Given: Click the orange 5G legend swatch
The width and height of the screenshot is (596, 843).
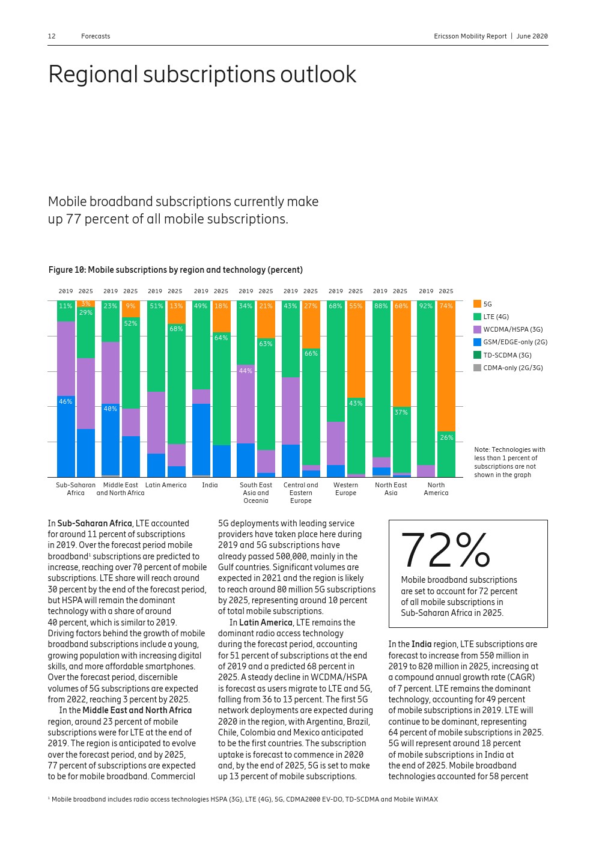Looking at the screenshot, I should point(477,304).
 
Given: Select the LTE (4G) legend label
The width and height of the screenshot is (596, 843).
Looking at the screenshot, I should point(496,317).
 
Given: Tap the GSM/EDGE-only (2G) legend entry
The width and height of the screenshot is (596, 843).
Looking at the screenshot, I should point(515,342).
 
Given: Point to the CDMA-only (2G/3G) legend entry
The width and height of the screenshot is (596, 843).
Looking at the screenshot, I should point(512,368).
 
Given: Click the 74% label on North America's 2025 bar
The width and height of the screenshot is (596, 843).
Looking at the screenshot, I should point(446,306).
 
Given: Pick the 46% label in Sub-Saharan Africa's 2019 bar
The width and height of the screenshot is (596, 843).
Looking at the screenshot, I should point(65,401).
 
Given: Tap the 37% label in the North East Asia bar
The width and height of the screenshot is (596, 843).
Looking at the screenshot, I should point(401,412).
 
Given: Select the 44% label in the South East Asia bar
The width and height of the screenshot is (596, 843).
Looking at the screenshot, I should point(245,371).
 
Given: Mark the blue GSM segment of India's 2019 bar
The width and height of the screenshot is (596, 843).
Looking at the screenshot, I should point(201,439).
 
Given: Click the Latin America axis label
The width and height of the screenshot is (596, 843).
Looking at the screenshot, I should point(166,485).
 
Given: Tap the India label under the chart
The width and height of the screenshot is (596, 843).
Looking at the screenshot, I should point(210,485).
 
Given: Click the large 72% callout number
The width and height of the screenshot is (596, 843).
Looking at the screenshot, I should point(445,550).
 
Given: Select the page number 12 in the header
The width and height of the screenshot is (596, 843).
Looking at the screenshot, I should point(52,36).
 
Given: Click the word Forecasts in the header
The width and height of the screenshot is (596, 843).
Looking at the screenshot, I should point(96,36).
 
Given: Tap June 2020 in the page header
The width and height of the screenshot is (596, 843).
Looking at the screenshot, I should point(532,36).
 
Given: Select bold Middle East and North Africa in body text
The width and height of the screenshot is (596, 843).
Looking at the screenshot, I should point(137,710).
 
